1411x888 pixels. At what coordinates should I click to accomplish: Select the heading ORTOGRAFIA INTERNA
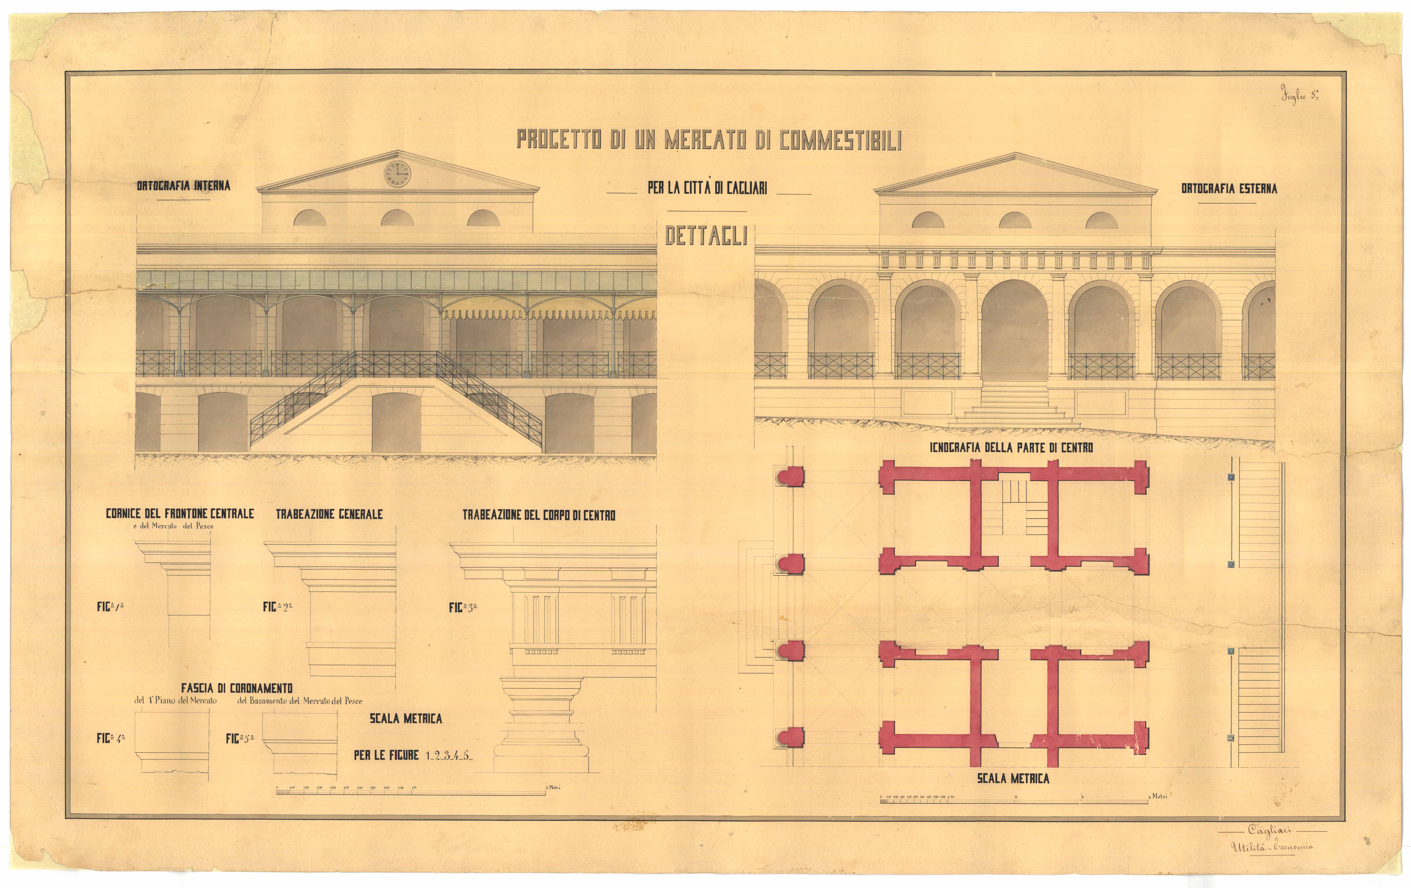coord(183,186)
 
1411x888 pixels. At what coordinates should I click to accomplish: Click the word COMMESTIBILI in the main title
coord(840,140)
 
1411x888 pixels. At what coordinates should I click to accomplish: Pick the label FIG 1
coord(110,607)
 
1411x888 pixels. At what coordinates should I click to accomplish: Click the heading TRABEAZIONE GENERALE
coord(329,514)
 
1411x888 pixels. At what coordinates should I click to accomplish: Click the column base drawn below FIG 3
coord(541,726)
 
